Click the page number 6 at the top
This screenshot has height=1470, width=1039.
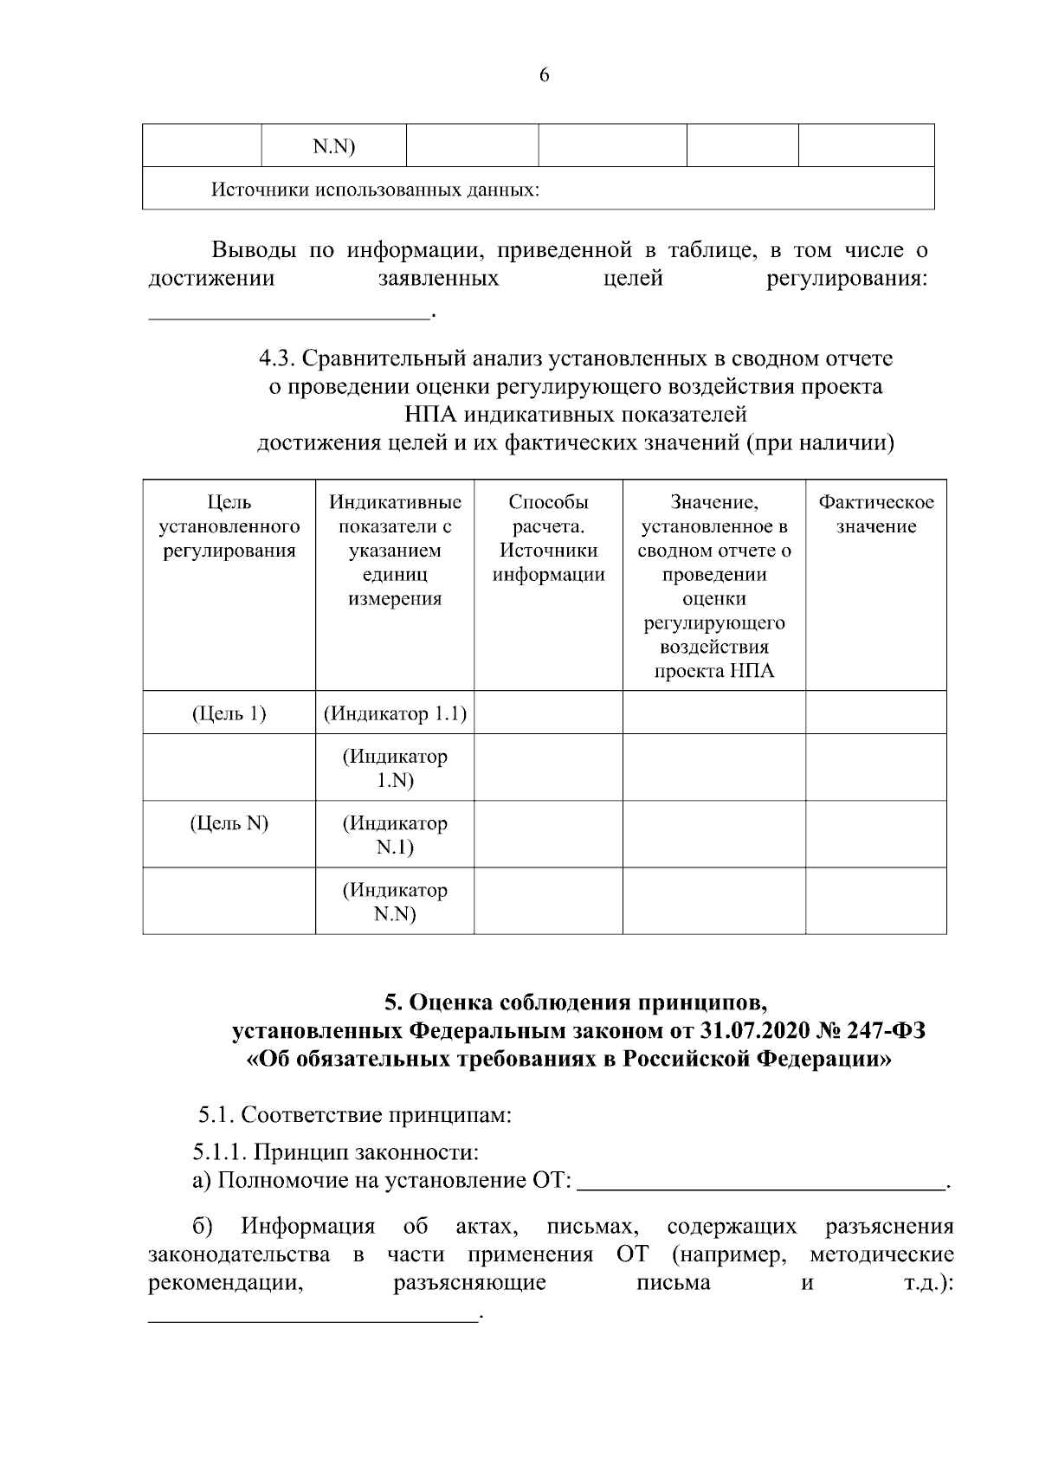click(x=544, y=75)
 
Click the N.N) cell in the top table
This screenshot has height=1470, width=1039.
click(x=333, y=146)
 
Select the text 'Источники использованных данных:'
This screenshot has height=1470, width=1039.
click(x=375, y=190)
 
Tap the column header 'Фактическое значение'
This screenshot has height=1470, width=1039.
click(x=875, y=514)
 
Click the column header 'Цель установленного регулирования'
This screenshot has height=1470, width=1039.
click(x=229, y=526)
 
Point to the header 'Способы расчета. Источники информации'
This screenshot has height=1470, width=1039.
click(x=548, y=538)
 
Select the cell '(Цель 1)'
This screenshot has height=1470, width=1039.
click(x=229, y=713)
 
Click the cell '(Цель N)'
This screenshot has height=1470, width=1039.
click(x=229, y=823)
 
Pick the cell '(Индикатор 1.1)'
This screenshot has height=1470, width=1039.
click(x=395, y=713)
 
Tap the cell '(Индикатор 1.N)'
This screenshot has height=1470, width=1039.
click(x=395, y=768)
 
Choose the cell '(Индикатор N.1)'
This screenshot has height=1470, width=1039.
click(x=395, y=835)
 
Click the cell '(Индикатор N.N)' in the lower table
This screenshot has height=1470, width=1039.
click(x=395, y=901)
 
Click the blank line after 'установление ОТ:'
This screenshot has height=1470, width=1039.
click(x=761, y=1181)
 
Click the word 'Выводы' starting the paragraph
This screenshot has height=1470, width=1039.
click(x=256, y=251)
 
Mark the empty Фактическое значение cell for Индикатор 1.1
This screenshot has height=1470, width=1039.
click(x=875, y=713)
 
